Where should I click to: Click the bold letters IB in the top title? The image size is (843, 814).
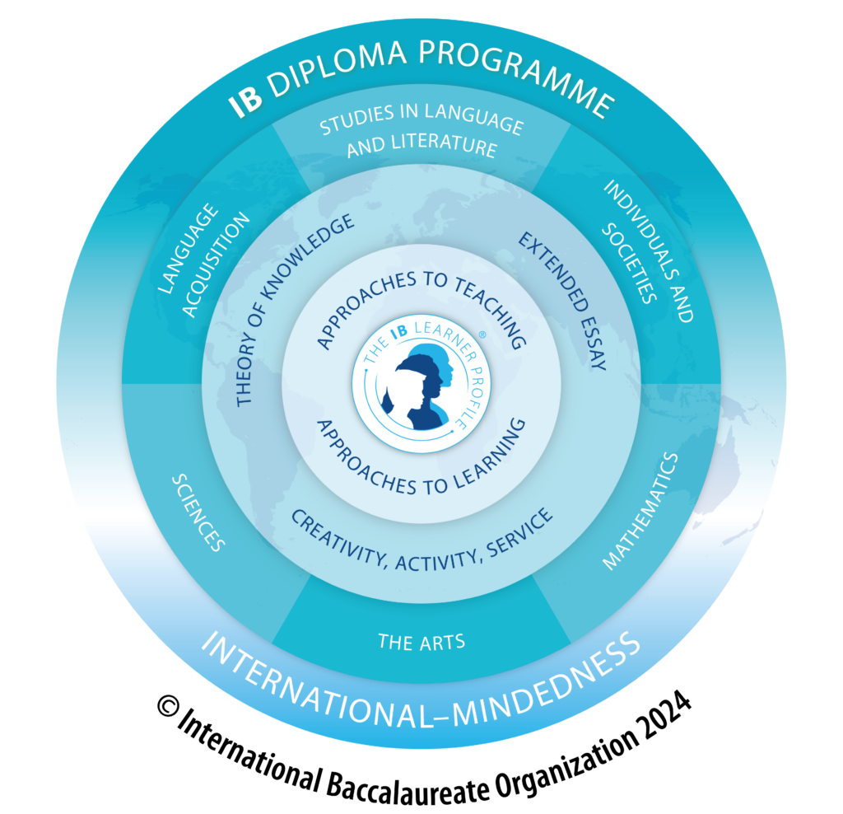pos(246,101)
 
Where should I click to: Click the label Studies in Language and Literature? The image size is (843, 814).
pos(421,136)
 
